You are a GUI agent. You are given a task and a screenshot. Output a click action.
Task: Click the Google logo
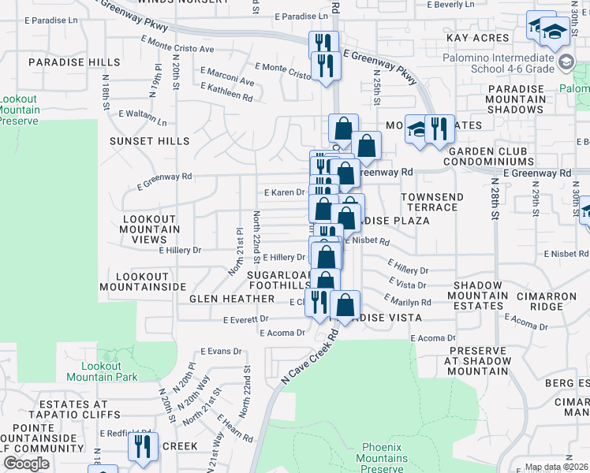[x=26, y=464]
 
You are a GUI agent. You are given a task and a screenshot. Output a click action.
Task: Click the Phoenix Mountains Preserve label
[x=384, y=458]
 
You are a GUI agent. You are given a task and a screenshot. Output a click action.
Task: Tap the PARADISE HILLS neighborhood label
[x=74, y=62]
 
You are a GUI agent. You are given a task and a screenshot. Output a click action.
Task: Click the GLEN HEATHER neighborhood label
[x=231, y=300]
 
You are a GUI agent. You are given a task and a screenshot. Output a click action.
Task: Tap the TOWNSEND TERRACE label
[x=429, y=202]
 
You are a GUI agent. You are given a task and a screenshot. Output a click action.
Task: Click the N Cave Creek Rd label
[x=308, y=359]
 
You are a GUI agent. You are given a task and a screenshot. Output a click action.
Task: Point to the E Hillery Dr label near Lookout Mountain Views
[x=180, y=250]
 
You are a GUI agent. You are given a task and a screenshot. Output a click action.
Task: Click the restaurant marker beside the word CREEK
[x=143, y=446]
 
